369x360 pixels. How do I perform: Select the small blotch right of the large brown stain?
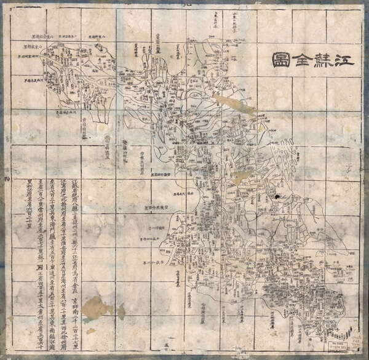coord(121,311)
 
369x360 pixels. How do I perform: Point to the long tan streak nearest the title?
coord(234,104)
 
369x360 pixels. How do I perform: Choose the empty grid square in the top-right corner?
coord(344,25)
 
